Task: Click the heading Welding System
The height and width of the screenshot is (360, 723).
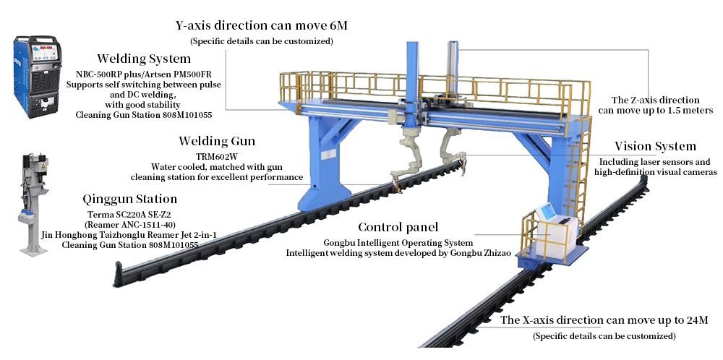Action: [x=145, y=59]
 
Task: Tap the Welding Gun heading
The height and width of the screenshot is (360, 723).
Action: [x=217, y=140]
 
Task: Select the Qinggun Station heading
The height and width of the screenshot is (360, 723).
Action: [x=129, y=199]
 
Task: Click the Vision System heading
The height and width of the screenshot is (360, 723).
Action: [x=655, y=147]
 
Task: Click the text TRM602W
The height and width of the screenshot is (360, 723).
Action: [x=217, y=155]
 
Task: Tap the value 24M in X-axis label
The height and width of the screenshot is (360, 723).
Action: [x=694, y=320]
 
